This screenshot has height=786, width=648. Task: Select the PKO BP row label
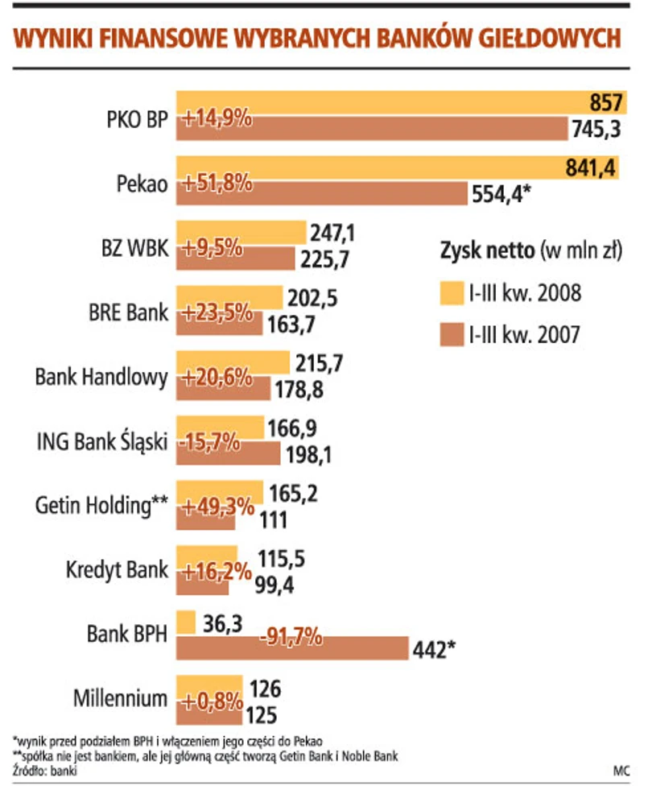[136, 120]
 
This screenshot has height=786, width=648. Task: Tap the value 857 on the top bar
[605, 102]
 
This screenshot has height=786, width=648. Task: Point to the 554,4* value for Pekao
[500, 193]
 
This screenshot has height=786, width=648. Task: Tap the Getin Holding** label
[101, 505]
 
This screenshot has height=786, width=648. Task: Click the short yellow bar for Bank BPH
[186, 622]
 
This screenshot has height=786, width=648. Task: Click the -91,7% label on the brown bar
[291, 638]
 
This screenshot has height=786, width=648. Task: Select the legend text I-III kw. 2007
[523, 333]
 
